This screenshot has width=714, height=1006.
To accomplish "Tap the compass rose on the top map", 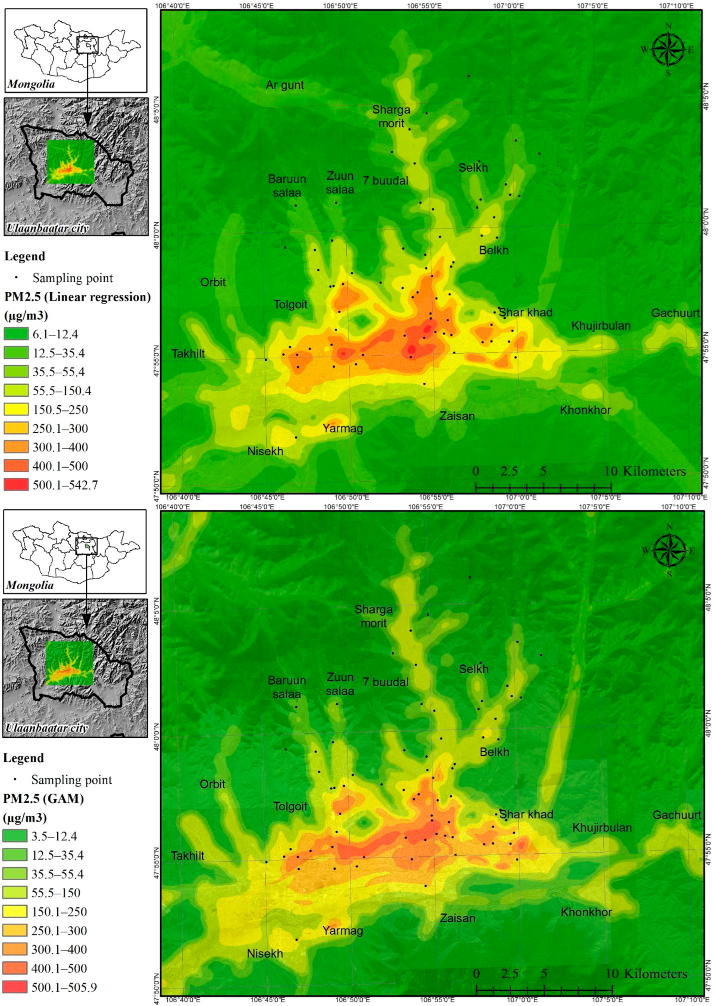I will [x=668, y=49].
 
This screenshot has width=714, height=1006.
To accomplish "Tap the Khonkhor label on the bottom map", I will [x=586, y=912].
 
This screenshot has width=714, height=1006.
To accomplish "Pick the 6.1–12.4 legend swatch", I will [x=16, y=334].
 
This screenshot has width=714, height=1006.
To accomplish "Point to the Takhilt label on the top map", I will [x=188, y=354].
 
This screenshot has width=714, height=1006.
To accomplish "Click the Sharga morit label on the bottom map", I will [x=373, y=616].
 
